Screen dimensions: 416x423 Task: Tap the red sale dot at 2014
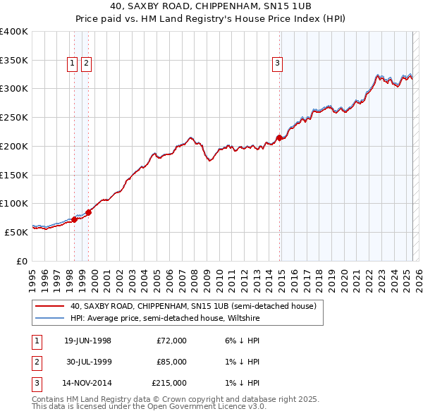279,137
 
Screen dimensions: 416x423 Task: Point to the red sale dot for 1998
74,220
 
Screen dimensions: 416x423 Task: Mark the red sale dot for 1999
88,212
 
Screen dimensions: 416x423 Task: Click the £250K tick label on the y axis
14,117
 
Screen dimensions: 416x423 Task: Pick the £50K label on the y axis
16,231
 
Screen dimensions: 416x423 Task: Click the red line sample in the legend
49,307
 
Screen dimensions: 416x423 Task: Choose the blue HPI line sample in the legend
49,319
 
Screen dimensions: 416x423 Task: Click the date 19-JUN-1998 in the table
87,341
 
